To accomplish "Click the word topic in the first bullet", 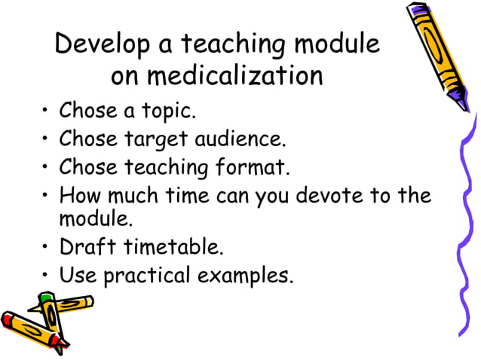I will pos(167,113).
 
